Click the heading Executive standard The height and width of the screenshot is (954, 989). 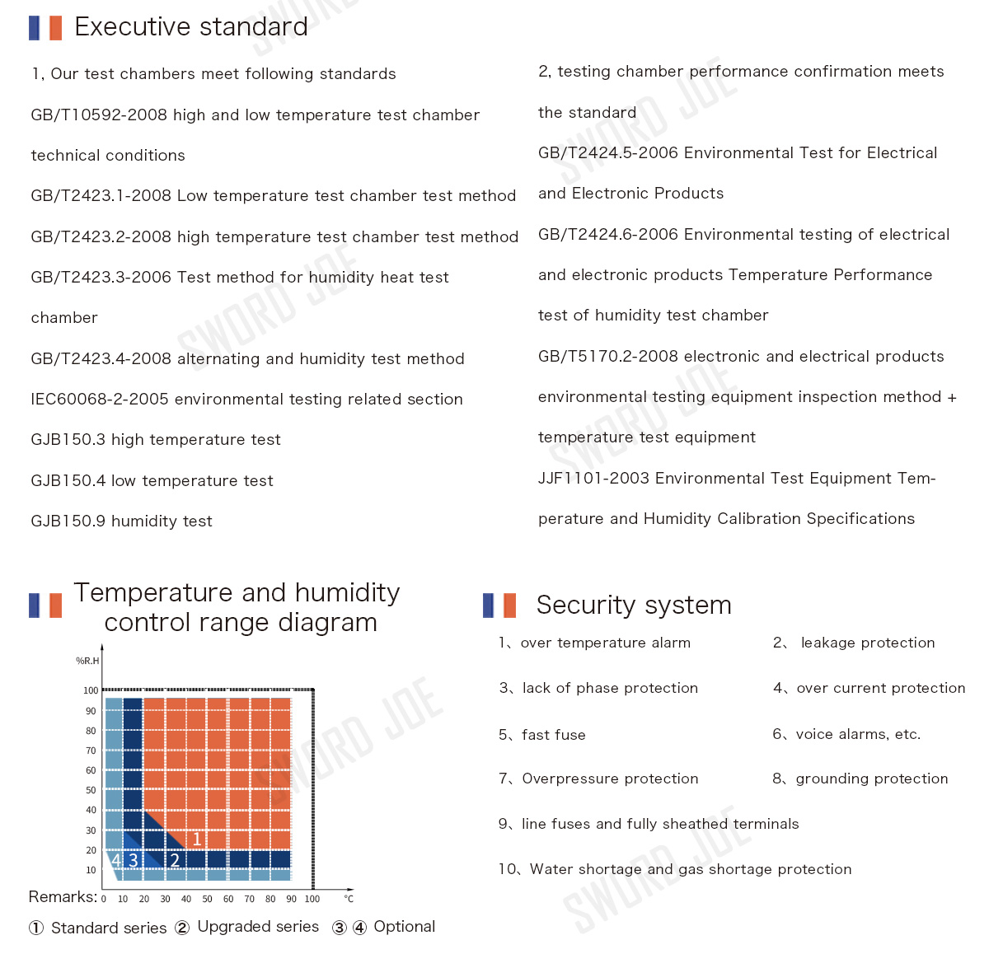[x=190, y=27]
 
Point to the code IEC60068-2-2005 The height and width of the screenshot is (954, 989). [x=100, y=400]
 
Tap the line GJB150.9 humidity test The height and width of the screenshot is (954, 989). [x=121, y=521]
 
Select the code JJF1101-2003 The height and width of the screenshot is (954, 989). [x=593, y=479]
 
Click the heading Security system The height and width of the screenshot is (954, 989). [x=633, y=606]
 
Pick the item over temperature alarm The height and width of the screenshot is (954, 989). [x=605, y=643]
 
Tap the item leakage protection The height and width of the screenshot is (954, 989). [x=867, y=643]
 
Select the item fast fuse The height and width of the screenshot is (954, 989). [x=553, y=735]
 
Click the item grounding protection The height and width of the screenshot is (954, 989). [x=871, y=779]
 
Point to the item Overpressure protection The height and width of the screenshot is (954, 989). [x=610, y=779]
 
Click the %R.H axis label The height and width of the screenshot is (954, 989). [x=87, y=661]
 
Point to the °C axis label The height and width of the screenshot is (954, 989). [x=349, y=899]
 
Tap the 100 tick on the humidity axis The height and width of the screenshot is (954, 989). [x=91, y=690]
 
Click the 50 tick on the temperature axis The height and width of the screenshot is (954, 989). [x=207, y=899]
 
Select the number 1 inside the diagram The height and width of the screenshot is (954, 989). [x=197, y=839]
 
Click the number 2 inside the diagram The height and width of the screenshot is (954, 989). [x=175, y=861]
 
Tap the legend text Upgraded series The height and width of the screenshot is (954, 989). [x=258, y=927]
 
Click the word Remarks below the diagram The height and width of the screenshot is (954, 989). [x=62, y=897]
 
